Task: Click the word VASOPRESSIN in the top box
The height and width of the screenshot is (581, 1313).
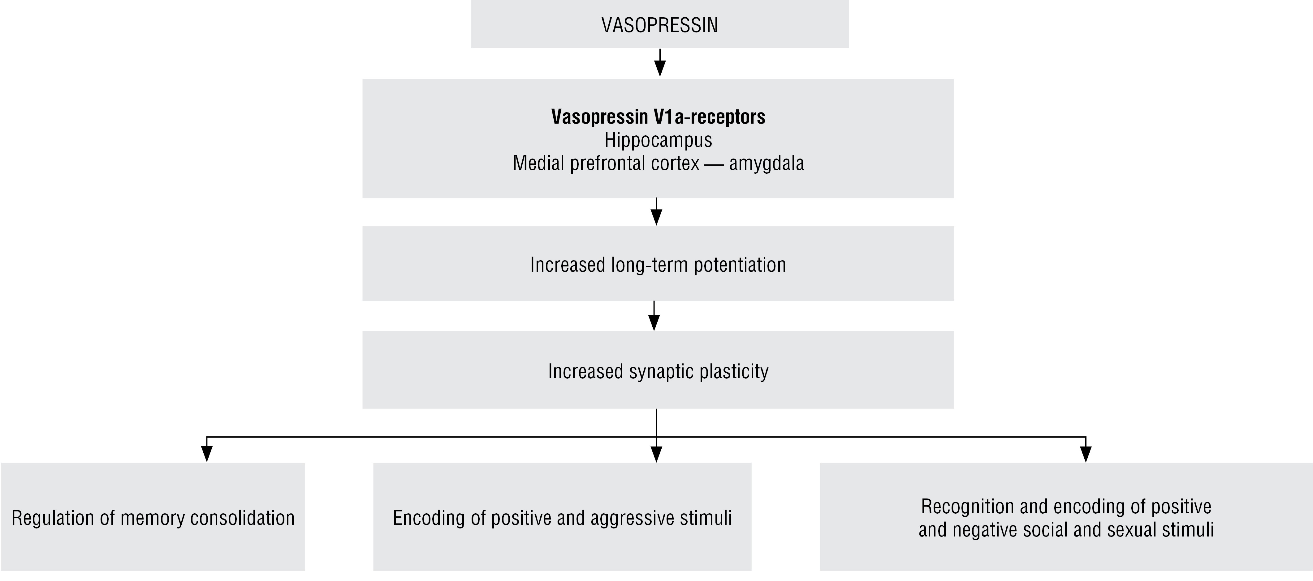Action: point(659,25)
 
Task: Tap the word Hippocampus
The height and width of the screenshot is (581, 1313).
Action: point(658,140)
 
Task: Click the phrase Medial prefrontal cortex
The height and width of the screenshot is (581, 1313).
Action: point(606,163)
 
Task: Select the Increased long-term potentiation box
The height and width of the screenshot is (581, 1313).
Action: point(658,264)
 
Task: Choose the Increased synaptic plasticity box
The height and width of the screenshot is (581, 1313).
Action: point(658,370)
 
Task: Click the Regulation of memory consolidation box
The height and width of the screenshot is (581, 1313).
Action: point(153,517)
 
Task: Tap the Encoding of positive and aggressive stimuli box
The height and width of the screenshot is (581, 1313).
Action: point(562,517)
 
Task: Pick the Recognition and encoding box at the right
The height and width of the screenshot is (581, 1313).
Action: point(1066,517)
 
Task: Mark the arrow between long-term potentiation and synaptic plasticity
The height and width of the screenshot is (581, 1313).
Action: point(654,317)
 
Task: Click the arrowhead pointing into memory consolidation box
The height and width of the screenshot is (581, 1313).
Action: point(206,453)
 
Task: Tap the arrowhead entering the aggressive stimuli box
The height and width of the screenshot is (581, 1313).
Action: point(657,453)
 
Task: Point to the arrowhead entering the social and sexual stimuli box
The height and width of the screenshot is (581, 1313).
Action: point(1086,453)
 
